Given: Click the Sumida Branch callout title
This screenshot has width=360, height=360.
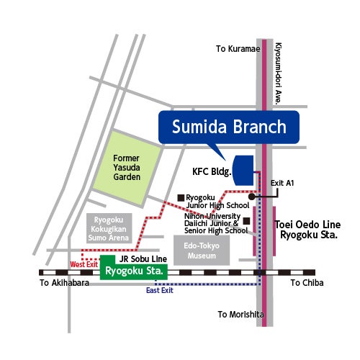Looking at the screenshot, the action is coord(229,127).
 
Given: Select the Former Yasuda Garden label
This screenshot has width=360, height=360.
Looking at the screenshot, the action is coord(127,168).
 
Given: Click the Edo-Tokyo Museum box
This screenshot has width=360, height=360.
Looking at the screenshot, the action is coord(202,251).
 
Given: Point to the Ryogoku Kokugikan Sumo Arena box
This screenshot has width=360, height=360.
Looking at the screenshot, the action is coord(109,228).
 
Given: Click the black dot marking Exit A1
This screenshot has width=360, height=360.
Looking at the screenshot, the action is coord(251,197).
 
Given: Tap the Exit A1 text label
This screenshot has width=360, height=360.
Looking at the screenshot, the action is coord(282,183).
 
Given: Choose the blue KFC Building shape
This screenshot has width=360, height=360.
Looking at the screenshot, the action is coord(243,171).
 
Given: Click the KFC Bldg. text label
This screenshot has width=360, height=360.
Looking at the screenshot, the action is coord(212,171).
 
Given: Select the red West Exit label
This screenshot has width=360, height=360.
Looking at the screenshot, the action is coord(84,264).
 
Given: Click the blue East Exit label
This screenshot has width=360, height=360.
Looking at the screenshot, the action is coord(160,290).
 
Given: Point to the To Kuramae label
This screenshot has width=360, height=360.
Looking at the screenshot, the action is coord(238,49).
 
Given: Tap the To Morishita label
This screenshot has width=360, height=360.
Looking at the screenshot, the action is coord(240,315).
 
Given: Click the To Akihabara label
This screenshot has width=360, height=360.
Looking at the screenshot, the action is coord(64,283).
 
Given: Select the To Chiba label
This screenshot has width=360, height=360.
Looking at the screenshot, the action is coord(307,283).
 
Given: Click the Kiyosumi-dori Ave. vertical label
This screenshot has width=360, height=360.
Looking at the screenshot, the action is coord(278,73).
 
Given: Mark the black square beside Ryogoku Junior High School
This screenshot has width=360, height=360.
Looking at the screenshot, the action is coord(181,198).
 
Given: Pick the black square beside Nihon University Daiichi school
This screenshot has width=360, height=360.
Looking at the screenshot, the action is coord(246,221).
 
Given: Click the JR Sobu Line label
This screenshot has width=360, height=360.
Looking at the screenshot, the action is coord(143,259).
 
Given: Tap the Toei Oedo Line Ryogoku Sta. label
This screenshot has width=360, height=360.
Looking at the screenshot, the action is coord(308,230).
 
